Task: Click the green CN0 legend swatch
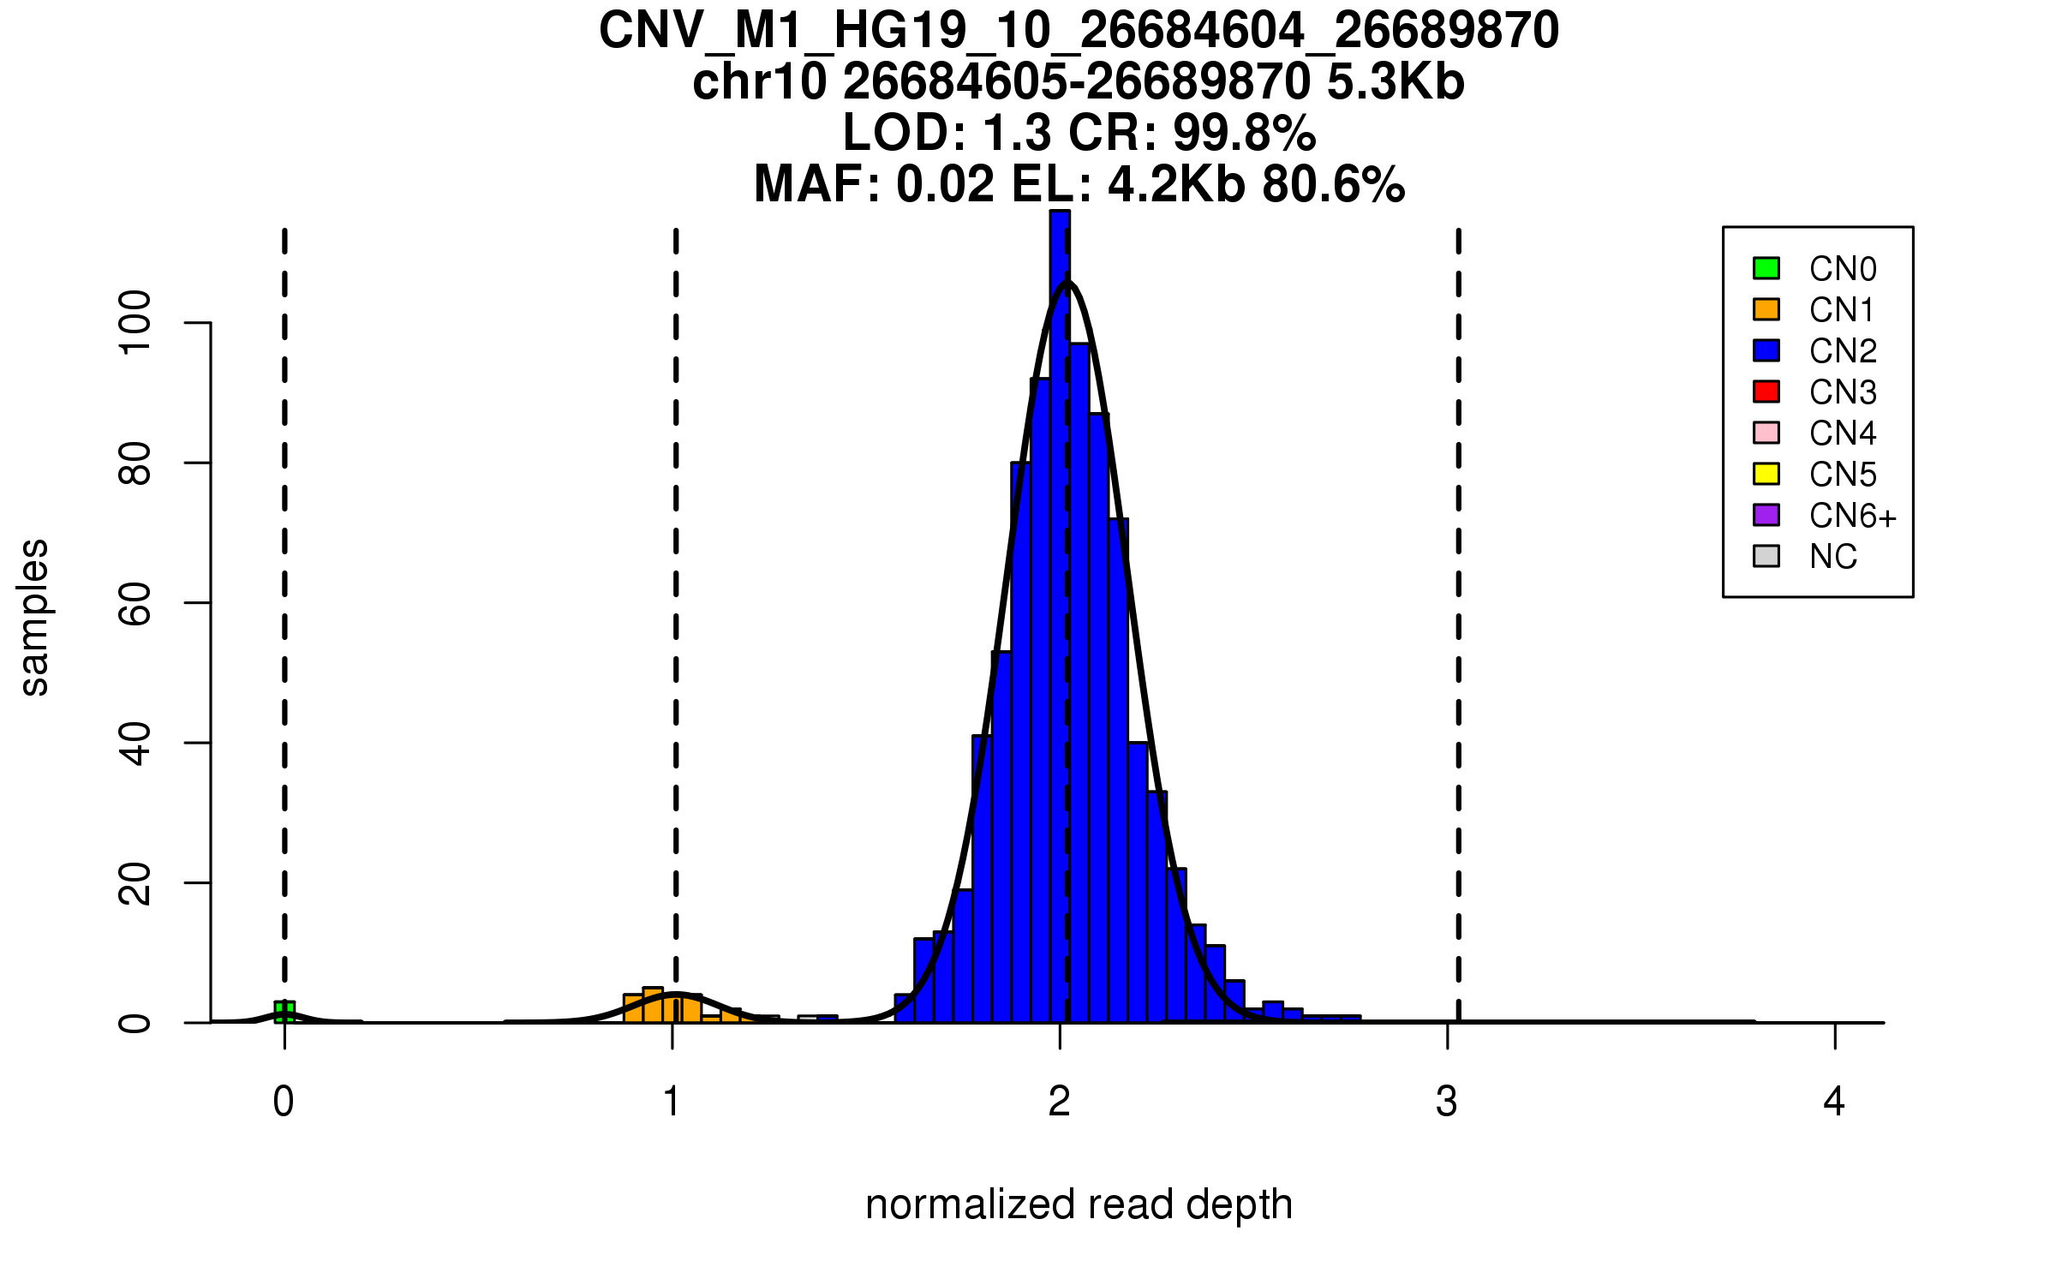(x=1766, y=268)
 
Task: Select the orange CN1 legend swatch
(x=1766, y=309)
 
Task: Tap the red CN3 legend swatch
(x=1766, y=391)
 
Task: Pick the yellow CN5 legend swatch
(x=1766, y=474)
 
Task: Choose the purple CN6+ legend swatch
(x=1766, y=515)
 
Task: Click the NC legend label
(x=1833, y=557)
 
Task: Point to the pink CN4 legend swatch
(x=1766, y=433)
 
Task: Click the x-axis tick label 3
(x=1447, y=1102)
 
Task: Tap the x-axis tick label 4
(x=1834, y=1102)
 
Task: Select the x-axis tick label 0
(x=284, y=1102)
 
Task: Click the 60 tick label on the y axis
(x=135, y=603)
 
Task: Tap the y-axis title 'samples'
(x=34, y=617)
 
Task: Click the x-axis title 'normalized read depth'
(x=1079, y=1204)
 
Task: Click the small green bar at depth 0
(x=284, y=1012)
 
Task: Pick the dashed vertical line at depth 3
(x=1459, y=600)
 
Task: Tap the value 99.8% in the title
(x=1244, y=133)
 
